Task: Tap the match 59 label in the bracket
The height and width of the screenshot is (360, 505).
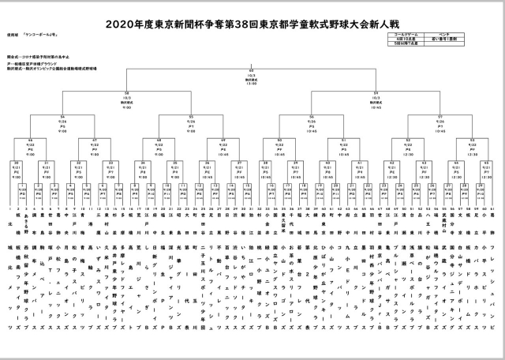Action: (375, 92)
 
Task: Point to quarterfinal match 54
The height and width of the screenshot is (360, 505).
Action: (62, 116)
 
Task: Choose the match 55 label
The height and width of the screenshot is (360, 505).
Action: (192, 116)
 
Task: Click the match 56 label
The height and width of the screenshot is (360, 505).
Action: (312, 116)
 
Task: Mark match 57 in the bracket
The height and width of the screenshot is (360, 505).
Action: (440, 116)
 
